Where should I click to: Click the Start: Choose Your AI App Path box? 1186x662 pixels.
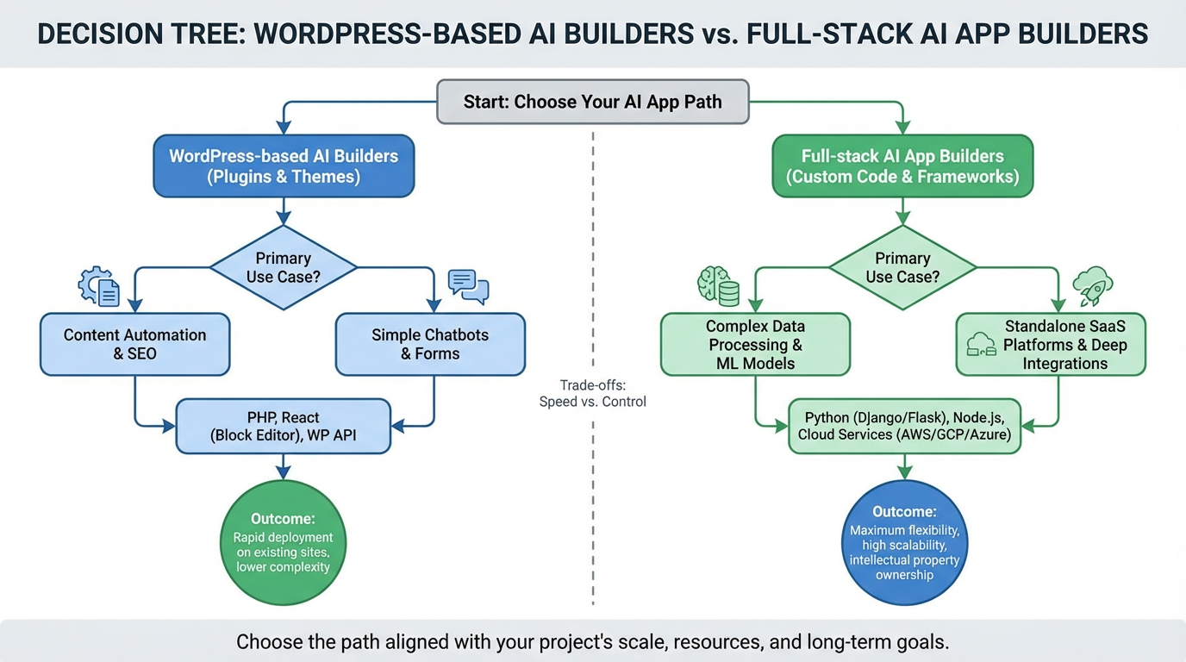click(x=593, y=102)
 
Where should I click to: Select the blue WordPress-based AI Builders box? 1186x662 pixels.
click(x=284, y=166)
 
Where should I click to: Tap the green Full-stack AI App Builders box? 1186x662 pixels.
click(x=902, y=166)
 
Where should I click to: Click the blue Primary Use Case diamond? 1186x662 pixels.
click(x=284, y=267)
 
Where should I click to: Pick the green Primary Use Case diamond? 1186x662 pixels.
click(x=902, y=267)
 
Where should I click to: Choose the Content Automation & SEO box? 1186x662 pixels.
click(x=135, y=344)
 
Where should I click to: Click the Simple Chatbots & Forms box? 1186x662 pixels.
click(x=430, y=344)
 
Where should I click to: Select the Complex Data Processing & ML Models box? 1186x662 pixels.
click(x=755, y=344)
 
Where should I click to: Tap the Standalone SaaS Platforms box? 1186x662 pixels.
click(x=1051, y=344)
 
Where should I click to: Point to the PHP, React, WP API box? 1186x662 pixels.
click(x=284, y=426)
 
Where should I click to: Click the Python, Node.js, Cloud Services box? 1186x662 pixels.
click(x=904, y=426)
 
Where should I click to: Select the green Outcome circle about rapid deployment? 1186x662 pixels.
click(x=284, y=543)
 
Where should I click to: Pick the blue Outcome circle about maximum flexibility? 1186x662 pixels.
click(x=904, y=543)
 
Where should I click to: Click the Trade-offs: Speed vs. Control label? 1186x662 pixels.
click(x=592, y=393)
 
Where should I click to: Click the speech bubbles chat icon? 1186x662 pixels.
click(x=468, y=286)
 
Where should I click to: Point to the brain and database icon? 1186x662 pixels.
click(x=718, y=286)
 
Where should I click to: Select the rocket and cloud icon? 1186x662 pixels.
click(x=1092, y=284)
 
